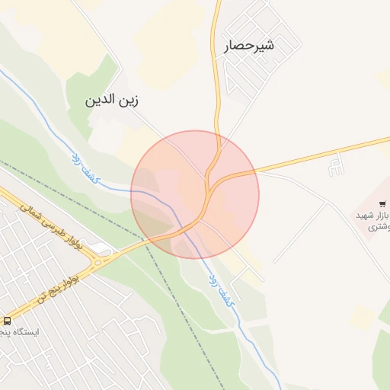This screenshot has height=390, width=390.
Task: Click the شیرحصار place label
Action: pyautogui.click(x=248, y=46)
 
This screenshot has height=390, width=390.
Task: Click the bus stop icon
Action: pyautogui.click(x=7, y=321)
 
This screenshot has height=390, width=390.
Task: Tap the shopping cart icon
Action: pyautogui.click(x=382, y=203)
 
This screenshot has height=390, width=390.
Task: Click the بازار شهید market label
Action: pyautogui.click(x=373, y=216)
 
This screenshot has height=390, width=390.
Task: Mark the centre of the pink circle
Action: pyautogui.click(x=195, y=194)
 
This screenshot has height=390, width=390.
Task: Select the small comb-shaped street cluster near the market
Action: pyautogui.click(x=335, y=165)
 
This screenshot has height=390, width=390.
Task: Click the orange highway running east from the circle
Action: pyautogui.click(x=320, y=155)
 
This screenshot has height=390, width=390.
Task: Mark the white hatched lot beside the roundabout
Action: pyautogui.click(x=104, y=250)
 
